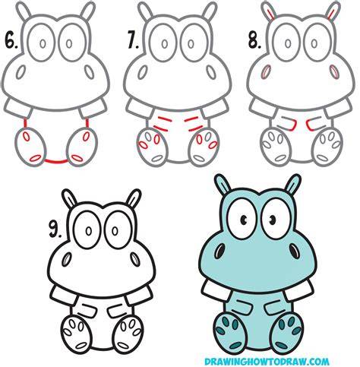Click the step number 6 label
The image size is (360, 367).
[11, 41]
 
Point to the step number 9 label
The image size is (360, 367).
[55, 230]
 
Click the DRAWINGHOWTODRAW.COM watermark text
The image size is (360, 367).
[267, 361]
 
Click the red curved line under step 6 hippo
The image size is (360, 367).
[56, 161]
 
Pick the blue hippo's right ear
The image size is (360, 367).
[292, 185]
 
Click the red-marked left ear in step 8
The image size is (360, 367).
[269, 11]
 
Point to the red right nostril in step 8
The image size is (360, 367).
[334, 71]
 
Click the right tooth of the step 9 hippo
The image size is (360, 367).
[139, 296]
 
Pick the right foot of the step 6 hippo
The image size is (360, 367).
[82, 147]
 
